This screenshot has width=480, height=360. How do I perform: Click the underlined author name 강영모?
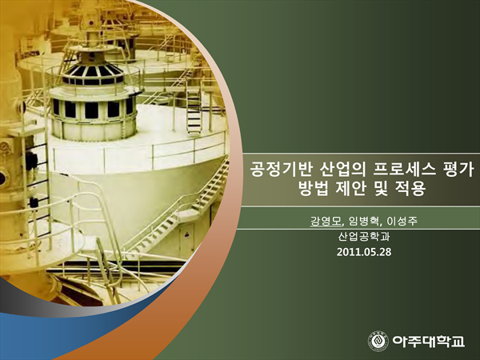pos(326,221)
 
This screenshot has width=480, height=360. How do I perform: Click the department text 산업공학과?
pos(364,236)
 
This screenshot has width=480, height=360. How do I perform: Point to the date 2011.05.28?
pos(364,252)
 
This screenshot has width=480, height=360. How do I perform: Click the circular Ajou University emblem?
pos(378,341)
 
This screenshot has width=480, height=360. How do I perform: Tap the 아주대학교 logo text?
pos(429,341)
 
